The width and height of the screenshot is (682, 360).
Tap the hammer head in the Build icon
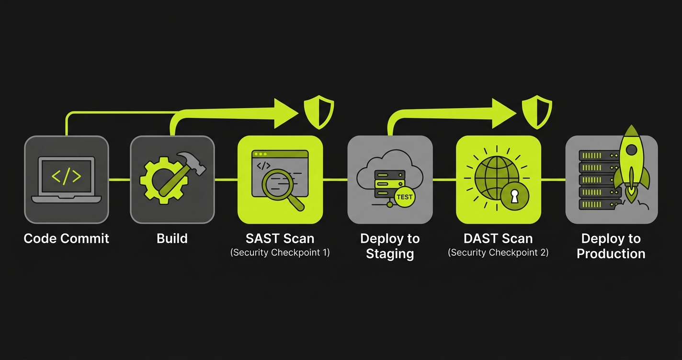point(192,162)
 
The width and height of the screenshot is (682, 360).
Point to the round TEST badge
point(405,196)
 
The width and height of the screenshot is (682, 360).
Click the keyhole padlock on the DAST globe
point(514,196)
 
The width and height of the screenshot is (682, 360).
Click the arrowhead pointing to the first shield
point(286,113)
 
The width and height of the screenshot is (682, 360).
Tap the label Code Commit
point(67,238)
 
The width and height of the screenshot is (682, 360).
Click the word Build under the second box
point(172,238)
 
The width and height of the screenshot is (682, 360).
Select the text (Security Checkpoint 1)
point(280,252)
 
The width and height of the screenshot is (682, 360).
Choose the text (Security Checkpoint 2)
point(498,252)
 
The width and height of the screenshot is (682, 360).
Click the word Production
point(611,253)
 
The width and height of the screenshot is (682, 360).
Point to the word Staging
point(390,253)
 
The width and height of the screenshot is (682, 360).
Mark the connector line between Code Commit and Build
point(120,180)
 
